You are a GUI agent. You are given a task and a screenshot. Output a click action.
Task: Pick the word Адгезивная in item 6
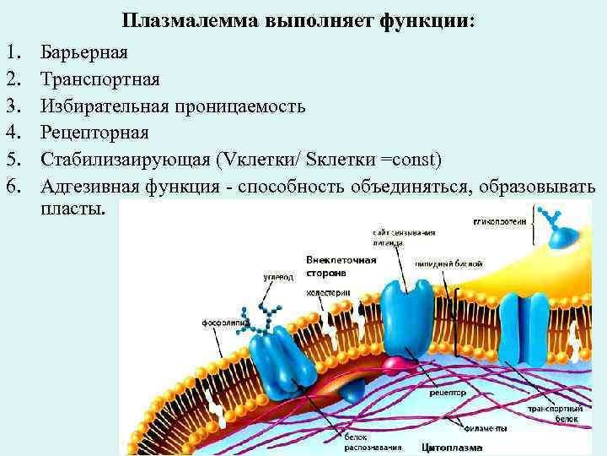click(92, 187)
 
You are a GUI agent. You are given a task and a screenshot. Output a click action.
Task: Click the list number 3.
click(13, 106)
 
